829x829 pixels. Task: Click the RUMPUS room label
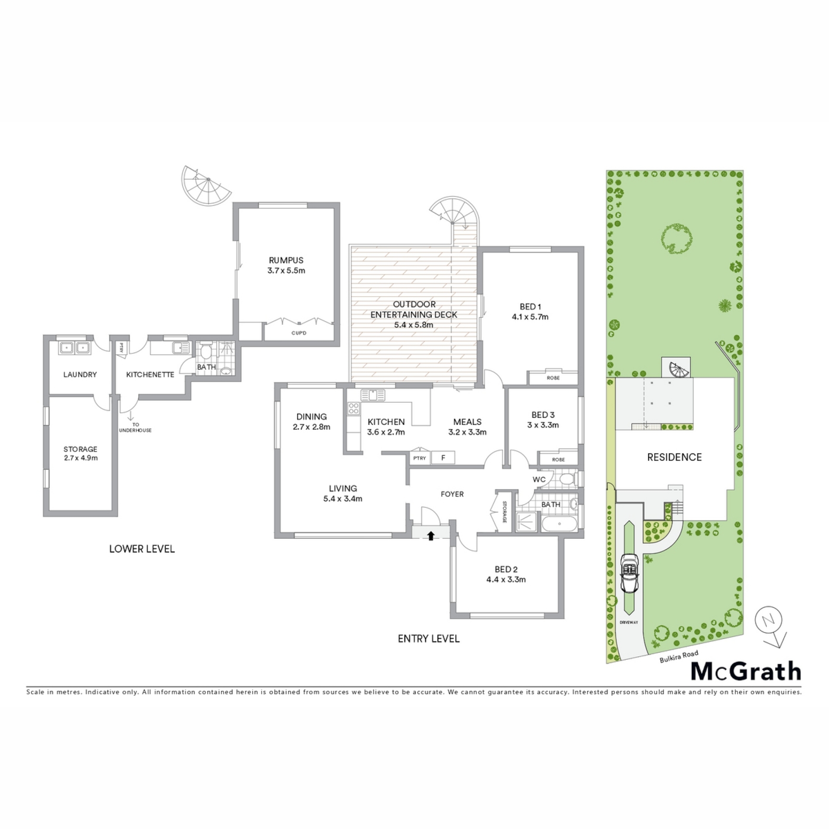[x=286, y=260]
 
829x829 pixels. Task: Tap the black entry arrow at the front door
[x=430, y=536]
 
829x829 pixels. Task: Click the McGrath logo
[x=747, y=672]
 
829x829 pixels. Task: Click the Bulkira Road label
[x=679, y=657]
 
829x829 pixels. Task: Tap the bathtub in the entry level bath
[x=559, y=524]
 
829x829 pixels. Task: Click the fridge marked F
[x=443, y=458]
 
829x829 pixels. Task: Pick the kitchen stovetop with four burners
[x=354, y=408]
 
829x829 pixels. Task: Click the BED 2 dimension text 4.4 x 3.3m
[x=506, y=579]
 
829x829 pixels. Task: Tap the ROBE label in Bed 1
[x=553, y=378]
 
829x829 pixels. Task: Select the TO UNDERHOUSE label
[x=136, y=427]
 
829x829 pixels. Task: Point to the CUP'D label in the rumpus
[x=299, y=333]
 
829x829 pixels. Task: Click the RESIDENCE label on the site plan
[x=674, y=457]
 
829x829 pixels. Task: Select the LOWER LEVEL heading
[x=142, y=549]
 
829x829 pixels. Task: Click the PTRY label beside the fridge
[x=419, y=458]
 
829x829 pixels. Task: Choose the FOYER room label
[x=452, y=494]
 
